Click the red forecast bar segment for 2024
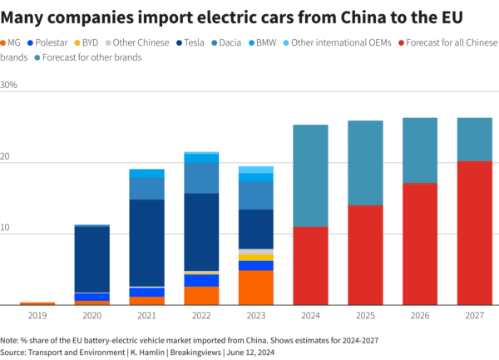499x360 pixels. [x=310, y=265]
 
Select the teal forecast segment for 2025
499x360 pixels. [x=366, y=163]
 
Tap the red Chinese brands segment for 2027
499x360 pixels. [x=474, y=233]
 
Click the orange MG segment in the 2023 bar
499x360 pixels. [x=256, y=287]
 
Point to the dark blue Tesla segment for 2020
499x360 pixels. [x=92, y=259]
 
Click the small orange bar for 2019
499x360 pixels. [x=37, y=303]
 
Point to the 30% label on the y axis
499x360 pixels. [x=10, y=85]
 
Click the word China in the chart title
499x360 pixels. [x=351, y=17]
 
